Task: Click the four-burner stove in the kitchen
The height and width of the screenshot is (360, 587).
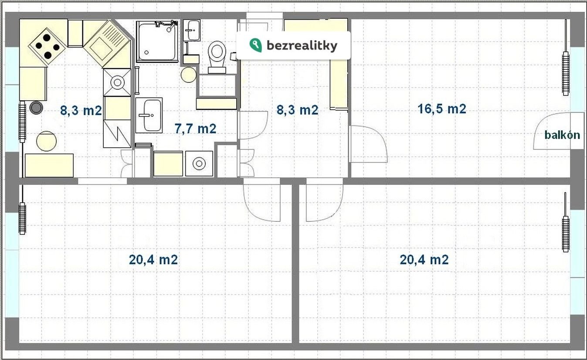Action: click(47, 46)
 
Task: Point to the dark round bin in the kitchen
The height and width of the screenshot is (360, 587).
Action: click(36, 107)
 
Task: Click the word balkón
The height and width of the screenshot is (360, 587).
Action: click(562, 135)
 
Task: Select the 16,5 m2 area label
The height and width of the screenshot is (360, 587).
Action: click(442, 109)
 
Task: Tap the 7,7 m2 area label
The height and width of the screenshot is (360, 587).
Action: click(196, 129)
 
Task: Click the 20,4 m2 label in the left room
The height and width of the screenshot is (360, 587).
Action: click(153, 260)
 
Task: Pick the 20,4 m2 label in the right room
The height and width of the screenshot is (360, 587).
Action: click(424, 260)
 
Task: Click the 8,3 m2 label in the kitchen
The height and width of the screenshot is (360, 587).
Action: click(81, 110)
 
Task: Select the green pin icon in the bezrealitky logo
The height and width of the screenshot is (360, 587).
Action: click(255, 45)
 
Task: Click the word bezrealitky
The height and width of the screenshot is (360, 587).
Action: click(302, 46)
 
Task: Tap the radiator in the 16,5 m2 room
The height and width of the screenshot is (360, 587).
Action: click(566, 73)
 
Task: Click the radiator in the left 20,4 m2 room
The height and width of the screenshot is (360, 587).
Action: click(23, 218)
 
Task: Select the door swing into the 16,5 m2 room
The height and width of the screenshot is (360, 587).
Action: click(382, 139)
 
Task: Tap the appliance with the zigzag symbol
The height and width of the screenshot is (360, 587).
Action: click(117, 134)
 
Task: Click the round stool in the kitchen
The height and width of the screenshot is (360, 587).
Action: click(46, 141)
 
